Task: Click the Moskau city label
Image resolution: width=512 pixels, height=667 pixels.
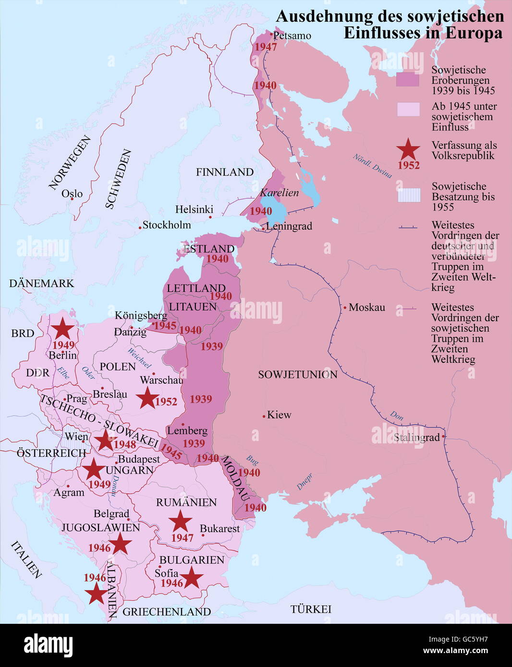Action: click(366, 307)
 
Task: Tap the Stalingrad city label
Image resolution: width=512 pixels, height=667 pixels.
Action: click(416, 437)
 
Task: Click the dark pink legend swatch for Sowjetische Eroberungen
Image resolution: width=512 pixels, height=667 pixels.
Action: click(408, 80)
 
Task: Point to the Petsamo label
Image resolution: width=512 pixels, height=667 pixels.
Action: click(292, 36)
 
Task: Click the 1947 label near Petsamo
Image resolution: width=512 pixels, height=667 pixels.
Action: click(266, 47)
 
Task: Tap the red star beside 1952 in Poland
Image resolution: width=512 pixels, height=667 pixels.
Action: click(147, 398)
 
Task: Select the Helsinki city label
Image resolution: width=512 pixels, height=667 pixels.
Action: click(194, 210)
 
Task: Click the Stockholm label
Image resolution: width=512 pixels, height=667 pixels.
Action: click(167, 225)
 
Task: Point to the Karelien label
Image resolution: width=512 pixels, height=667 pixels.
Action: click(279, 193)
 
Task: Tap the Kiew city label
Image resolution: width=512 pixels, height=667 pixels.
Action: click(279, 415)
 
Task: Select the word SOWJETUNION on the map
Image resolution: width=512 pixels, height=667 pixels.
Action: click(297, 374)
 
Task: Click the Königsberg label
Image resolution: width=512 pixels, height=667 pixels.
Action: click(141, 315)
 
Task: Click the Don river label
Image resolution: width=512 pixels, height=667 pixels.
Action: click(396, 416)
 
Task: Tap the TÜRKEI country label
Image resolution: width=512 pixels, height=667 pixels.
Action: click(311, 609)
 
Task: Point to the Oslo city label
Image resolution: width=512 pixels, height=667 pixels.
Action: click(72, 194)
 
